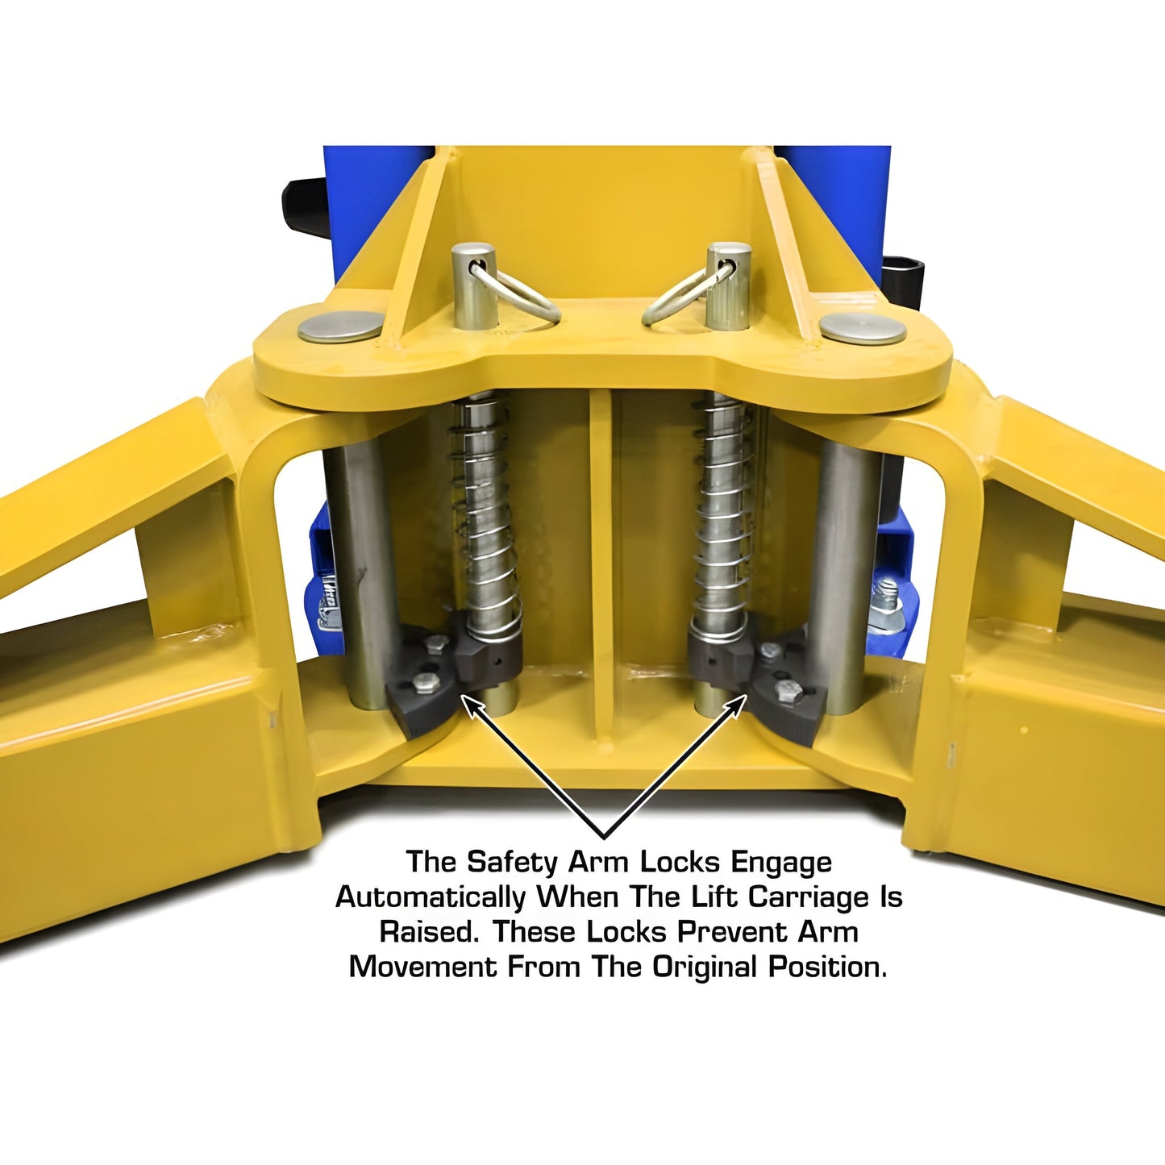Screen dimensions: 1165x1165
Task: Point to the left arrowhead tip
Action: coord(462,696)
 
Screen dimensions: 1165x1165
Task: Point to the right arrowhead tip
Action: coord(747,695)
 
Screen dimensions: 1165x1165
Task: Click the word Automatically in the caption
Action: coord(431,898)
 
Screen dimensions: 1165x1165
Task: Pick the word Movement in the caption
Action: coord(422,967)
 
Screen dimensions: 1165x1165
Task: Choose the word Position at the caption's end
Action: coord(828,967)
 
